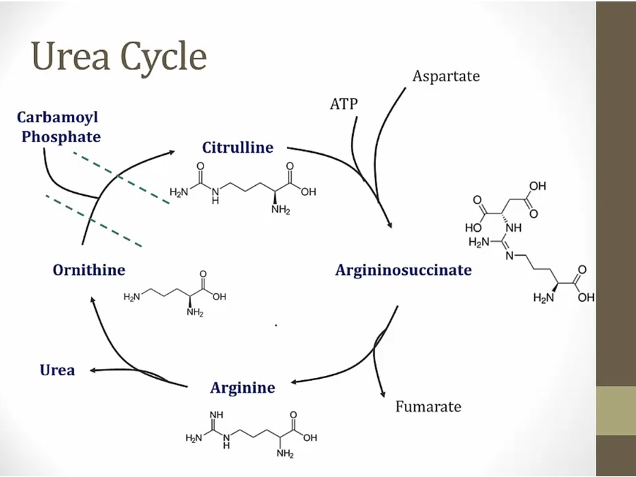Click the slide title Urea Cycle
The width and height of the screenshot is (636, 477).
119,57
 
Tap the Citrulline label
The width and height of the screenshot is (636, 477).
237,148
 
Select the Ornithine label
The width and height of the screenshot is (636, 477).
89,269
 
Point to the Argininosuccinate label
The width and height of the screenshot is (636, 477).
404,269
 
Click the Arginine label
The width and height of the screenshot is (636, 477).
242,388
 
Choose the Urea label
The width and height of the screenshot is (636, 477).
57,370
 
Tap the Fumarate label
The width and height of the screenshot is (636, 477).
428,406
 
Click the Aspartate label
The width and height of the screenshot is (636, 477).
446,76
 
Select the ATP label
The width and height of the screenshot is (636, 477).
344,105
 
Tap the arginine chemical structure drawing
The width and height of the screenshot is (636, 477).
251,432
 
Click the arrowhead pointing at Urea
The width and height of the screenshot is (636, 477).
93,370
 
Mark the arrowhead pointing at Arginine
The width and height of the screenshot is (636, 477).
295,382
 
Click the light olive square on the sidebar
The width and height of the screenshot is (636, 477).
616,411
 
